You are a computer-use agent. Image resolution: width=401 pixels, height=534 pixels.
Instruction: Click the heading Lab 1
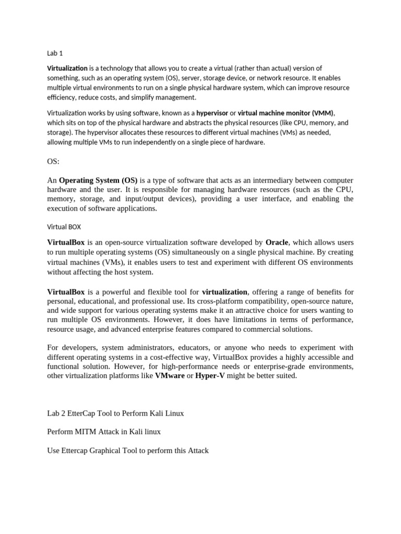click(55, 53)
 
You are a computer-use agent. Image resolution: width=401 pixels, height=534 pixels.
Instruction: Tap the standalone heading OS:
click(53, 162)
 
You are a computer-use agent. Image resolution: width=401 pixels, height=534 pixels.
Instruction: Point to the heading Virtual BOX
click(64, 227)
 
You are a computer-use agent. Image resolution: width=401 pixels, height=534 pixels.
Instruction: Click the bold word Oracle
click(277, 242)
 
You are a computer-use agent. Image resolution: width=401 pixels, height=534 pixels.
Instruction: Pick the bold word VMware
click(170, 375)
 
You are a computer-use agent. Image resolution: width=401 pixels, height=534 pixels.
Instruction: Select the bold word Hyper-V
click(210, 375)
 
